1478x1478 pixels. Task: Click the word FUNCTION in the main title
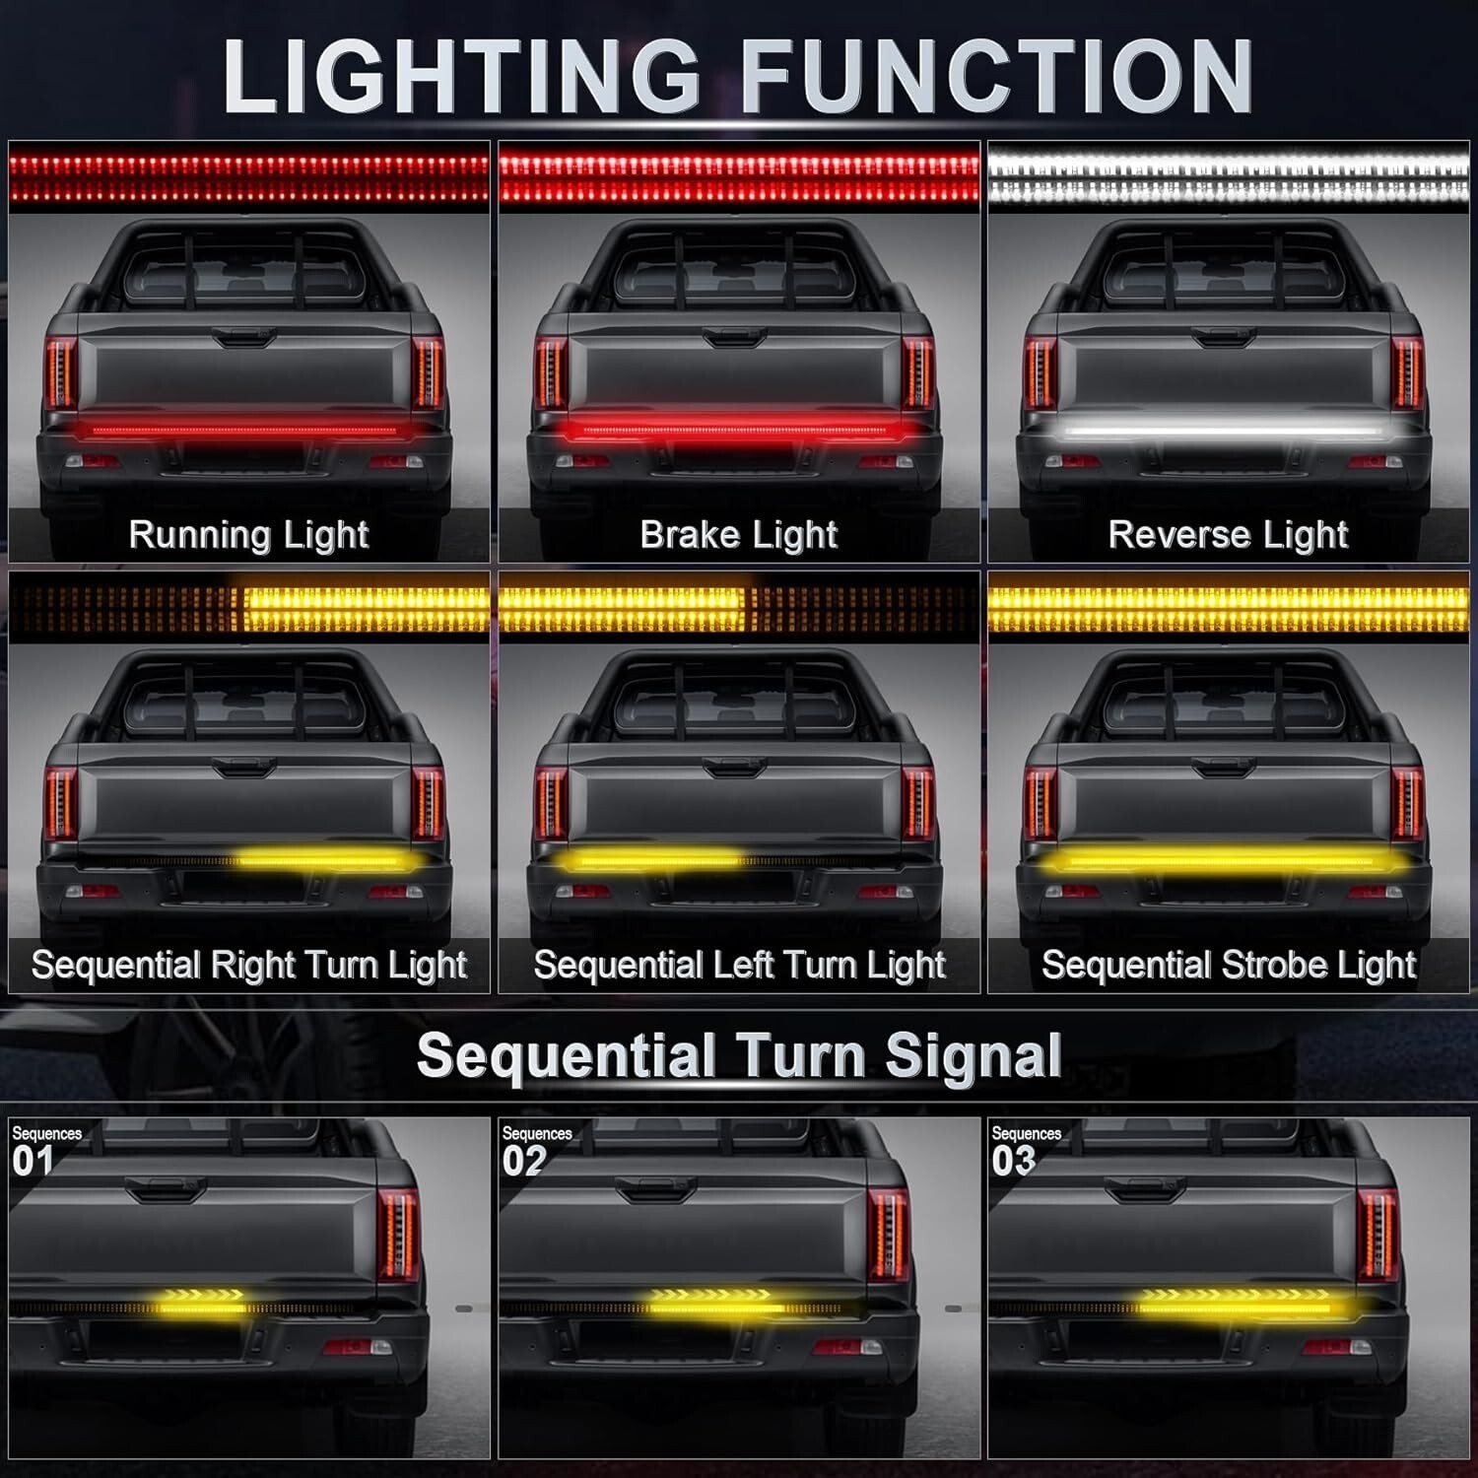(x=996, y=77)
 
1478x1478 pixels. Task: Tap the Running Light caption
(x=248, y=535)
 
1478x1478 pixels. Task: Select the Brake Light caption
(x=739, y=535)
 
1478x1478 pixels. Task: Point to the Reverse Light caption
(x=1228, y=535)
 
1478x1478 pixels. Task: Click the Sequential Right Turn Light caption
(x=248, y=965)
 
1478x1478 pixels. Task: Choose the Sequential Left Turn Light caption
(x=739, y=965)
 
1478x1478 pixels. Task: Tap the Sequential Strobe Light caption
(x=1229, y=965)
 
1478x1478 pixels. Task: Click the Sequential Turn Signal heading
(x=739, y=1056)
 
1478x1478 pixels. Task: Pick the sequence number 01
(x=33, y=1161)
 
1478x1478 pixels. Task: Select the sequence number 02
(x=523, y=1161)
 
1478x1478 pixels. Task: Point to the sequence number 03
(x=1013, y=1161)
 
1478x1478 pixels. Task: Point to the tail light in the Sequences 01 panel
(x=399, y=1233)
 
